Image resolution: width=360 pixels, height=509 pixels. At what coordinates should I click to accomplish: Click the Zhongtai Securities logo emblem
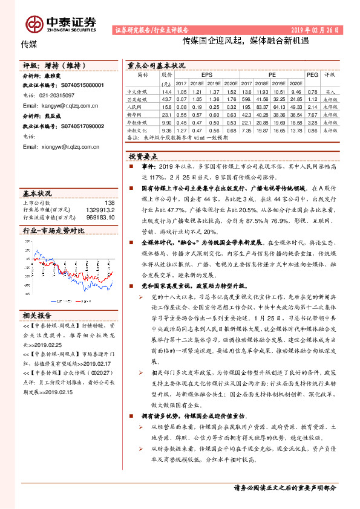(x=34, y=22)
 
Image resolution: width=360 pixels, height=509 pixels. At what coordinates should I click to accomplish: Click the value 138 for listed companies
(x=110, y=203)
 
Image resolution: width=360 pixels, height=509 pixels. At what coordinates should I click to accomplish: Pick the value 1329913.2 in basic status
(x=102, y=209)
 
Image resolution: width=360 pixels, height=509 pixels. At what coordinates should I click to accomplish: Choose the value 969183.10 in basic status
(x=100, y=216)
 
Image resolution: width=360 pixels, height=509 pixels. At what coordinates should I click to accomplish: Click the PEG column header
(x=312, y=75)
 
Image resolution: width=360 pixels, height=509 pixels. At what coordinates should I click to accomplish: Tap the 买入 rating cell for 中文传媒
(x=329, y=91)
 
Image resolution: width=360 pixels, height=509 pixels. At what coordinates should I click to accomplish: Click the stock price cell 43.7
(x=168, y=99)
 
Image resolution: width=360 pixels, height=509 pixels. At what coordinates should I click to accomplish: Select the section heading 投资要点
(x=143, y=155)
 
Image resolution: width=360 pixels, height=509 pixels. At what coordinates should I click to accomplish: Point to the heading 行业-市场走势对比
(x=53, y=231)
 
